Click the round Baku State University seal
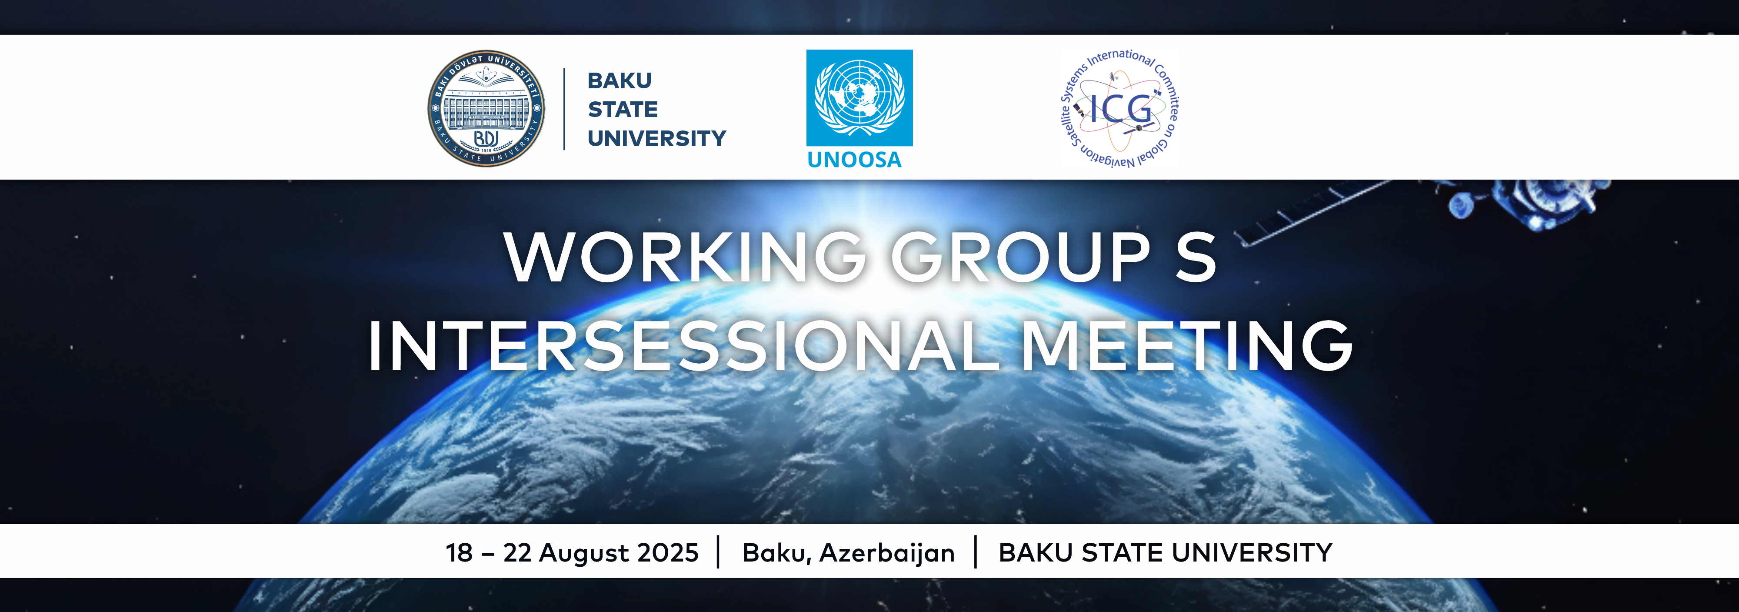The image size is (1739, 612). (487, 108)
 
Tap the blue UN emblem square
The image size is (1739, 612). (860, 98)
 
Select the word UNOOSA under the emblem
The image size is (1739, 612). (855, 160)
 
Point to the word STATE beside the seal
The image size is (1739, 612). (623, 110)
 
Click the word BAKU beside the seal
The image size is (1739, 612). (619, 80)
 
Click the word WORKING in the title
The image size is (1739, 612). (685, 258)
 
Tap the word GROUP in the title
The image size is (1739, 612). (1021, 258)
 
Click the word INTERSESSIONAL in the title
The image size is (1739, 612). (683, 346)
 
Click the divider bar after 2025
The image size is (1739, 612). (718, 552)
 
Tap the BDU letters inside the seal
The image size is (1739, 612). (486, 138)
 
